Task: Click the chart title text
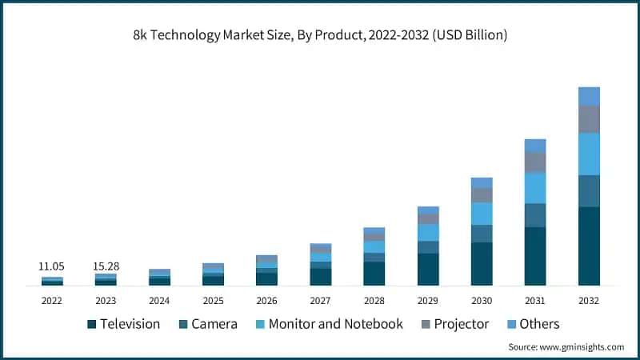(320, 36)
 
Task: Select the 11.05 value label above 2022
(52, 266)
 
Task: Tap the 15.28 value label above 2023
(106, 266)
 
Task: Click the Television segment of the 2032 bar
(589, 246)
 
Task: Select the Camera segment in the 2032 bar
(589, 190)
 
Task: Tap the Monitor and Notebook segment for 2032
(589, 154)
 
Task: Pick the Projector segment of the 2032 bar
(589, 119)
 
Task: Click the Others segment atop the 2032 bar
(589, 96)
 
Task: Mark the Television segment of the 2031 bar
(535, 256)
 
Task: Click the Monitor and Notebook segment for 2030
(482, 214)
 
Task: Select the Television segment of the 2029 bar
(428, 269)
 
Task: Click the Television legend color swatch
(91, 324)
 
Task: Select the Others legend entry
(532, 324)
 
